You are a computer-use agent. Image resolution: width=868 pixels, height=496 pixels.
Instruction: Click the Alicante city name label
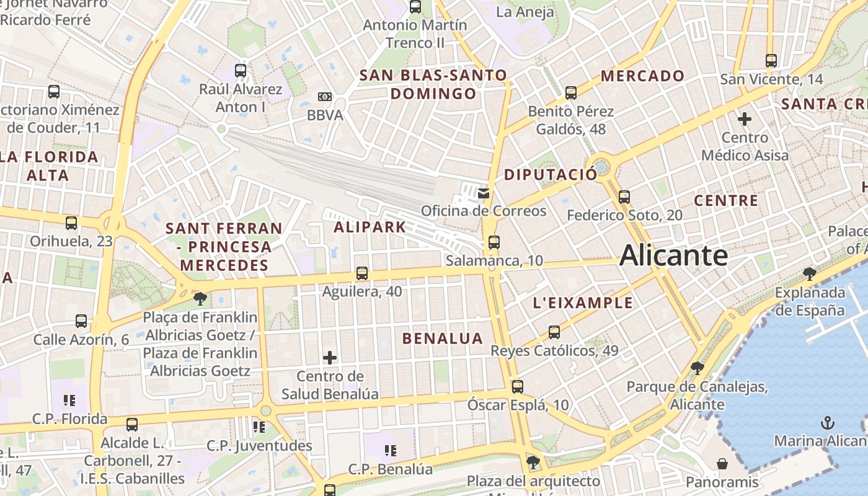(x=673, y=255)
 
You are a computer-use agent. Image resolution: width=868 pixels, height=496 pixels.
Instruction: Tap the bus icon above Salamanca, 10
(x=494, y=242)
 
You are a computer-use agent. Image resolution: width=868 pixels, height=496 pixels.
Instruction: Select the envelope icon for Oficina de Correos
(x=484, y=193)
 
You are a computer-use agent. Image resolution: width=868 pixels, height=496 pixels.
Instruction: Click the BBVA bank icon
(x=325, y=97)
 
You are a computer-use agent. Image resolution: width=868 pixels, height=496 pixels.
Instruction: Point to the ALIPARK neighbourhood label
(x=370, y=227)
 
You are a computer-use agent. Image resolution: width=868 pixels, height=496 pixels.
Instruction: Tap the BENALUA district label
(x=442, y=339)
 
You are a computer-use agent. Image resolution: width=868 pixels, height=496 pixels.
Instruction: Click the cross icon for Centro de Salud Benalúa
(x=330, y=357)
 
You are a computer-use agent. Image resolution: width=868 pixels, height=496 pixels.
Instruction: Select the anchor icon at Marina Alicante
(x=827, y=423)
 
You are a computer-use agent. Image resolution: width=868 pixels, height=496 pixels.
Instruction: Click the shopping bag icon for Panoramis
(x=722, y=463)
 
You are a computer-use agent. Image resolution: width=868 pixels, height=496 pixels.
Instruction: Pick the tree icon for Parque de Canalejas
(x=697, y=368)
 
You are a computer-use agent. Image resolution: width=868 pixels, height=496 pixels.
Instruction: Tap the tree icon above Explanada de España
(x=809, y=273)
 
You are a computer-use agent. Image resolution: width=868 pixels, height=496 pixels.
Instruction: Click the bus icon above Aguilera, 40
(x=362, y=273)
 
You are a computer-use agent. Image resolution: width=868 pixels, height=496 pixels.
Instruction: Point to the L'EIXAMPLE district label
(x=583, y=303)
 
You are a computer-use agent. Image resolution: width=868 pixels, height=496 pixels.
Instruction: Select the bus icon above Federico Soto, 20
(x=624, y=197)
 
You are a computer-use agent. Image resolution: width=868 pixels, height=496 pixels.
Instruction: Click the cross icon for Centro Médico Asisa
(x=745, y=118)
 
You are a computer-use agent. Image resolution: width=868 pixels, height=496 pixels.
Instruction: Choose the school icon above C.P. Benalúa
(x=390, y=450)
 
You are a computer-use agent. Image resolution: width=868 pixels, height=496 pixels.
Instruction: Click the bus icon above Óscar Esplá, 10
(x=518, y=387)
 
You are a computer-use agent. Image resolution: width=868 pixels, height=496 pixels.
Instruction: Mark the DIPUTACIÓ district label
(x=550, y=174)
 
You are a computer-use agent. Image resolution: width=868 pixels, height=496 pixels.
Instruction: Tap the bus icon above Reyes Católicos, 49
(x=554, y=332)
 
